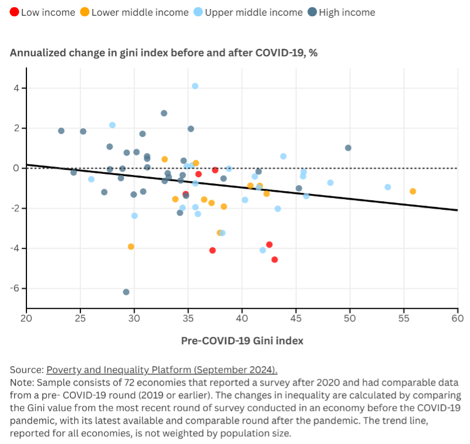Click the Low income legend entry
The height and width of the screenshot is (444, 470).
point(42,12)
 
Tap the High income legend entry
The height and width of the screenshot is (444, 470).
point(341,12)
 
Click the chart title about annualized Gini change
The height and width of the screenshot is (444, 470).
point(164,53)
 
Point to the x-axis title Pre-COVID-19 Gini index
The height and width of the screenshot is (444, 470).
point(242,340)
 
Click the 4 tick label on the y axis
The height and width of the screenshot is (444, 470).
point(17,88)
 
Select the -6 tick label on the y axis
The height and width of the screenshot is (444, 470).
point(15,288)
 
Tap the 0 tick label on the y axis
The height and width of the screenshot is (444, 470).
point(17,168)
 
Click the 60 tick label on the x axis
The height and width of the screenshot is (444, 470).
point(457,319)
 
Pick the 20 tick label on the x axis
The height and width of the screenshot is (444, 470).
point(26,319)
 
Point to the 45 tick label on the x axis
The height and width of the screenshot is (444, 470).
point(296,319)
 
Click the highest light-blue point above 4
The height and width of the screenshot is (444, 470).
point(195,86)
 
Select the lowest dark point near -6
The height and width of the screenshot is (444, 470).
point(126,292)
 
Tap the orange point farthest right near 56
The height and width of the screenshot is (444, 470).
point(413,191)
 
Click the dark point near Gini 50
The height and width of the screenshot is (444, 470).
point(348,148)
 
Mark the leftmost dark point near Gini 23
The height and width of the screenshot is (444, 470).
point(61,131)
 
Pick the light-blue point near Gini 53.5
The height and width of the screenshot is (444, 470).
point(387,187)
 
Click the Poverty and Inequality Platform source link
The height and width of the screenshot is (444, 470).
point(162,370)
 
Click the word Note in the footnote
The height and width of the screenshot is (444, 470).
point(20,381)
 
